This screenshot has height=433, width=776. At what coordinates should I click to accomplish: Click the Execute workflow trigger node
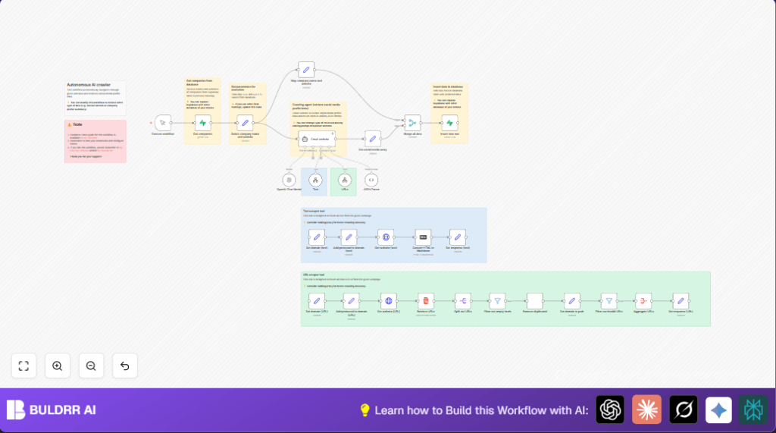[163, 122]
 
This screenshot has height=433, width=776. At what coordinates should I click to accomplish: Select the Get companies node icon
[202, 122]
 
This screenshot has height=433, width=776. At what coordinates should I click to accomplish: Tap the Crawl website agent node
[314, 139]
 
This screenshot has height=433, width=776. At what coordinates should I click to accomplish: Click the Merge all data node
[412, 122]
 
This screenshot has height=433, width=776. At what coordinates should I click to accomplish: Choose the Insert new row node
[449, 123]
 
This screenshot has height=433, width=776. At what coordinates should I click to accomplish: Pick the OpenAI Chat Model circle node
[289, 180]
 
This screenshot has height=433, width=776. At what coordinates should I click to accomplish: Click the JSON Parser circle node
[371, 180]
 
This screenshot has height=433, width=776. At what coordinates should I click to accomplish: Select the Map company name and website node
[306, 70]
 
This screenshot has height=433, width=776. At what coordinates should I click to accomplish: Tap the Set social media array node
[372, 138]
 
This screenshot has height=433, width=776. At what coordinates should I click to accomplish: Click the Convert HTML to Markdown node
[423, 237]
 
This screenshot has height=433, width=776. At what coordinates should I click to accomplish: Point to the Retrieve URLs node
[426, 300]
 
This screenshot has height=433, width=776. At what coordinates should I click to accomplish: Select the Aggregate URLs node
[643, 300]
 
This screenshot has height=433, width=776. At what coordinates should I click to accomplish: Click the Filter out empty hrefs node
[497, 300]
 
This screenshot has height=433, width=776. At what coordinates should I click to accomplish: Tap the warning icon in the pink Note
[69, 124]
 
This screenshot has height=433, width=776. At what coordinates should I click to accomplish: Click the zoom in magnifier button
[58, 366]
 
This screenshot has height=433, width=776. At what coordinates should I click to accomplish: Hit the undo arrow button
[125, 366]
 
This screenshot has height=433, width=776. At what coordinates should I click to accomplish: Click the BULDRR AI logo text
[63, 410]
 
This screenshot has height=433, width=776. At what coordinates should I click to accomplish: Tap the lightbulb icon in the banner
[365, 410]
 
